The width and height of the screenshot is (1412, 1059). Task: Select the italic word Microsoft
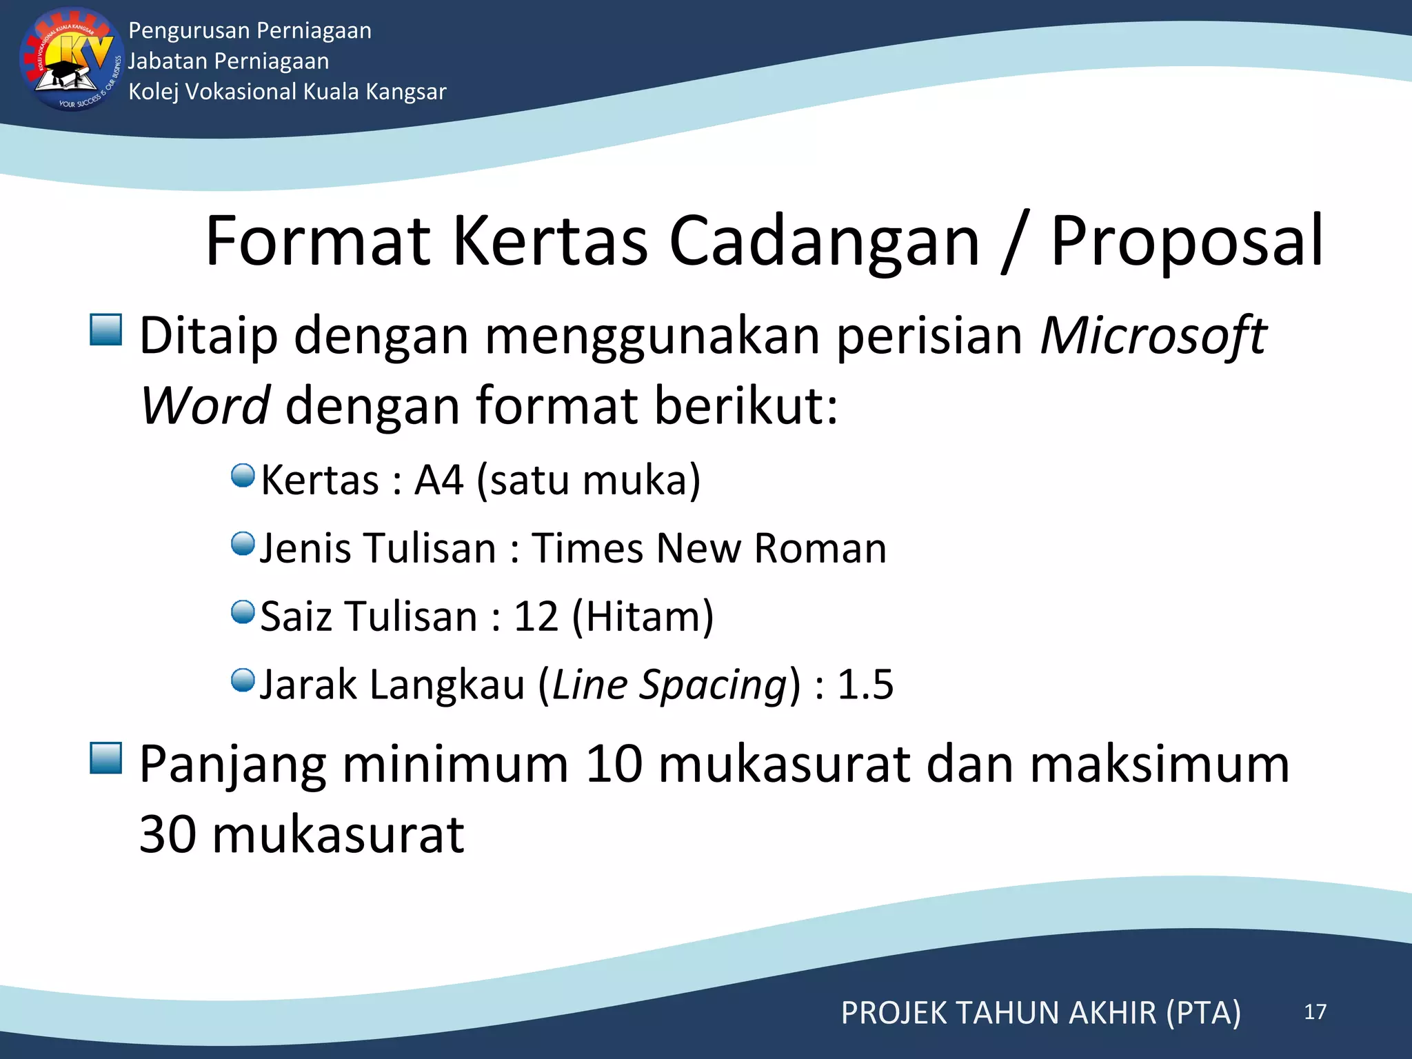coord(1153,336)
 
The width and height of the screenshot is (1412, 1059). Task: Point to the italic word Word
coord(205,405)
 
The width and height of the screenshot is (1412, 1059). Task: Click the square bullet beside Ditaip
coord(106,330)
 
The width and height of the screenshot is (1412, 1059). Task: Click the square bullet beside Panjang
coord(106,758)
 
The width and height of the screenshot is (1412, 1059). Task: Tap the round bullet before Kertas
coord(243,475)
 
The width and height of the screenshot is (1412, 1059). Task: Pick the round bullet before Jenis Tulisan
coord(243,543)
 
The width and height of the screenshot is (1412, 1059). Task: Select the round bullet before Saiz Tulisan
coord(243,612)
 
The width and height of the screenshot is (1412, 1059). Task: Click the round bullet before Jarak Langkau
coord(243,680)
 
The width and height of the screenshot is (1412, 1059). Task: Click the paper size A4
coord(438,480)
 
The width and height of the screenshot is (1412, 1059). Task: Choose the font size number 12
coord(536,616)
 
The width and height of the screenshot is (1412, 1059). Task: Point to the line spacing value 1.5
coord(865,684)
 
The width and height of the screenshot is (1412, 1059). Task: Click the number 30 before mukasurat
coord(168,834)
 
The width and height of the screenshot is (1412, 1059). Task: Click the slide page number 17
coord(1315,1011)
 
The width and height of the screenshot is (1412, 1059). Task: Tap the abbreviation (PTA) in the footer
coord(1203,1013)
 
